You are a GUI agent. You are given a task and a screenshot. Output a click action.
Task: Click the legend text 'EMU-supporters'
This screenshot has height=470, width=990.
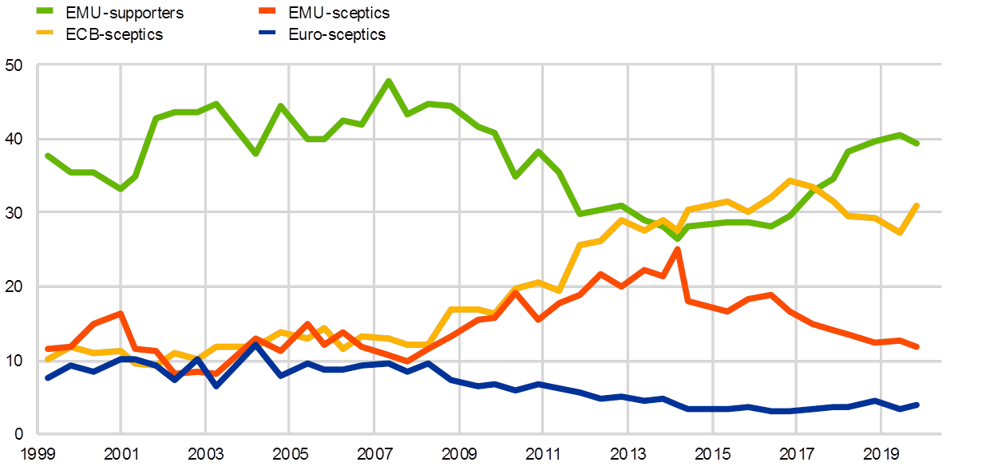pos(127,13)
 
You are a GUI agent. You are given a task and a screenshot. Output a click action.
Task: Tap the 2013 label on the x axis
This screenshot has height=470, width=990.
pos(628,454)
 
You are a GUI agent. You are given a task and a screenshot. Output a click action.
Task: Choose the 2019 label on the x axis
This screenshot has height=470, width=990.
pos(880,454)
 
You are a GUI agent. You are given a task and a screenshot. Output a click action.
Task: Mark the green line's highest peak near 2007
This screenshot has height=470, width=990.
pos(388,81)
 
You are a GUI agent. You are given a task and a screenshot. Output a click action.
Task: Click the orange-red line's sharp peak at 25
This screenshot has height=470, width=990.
pos(677,249)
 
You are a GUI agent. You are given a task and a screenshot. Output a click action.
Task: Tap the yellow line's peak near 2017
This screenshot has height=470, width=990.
pos(790,180)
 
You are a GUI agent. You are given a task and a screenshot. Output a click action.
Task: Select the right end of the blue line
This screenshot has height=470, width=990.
pos(917,405)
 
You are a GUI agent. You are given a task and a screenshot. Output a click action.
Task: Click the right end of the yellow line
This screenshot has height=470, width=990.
pos(917,206)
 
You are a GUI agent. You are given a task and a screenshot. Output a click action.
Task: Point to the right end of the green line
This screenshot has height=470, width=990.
pos(917,143)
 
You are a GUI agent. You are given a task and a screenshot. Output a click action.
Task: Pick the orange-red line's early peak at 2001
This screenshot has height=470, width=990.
pos(120,313)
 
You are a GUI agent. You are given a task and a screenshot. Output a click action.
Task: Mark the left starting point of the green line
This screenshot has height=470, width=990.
pos(47,156)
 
